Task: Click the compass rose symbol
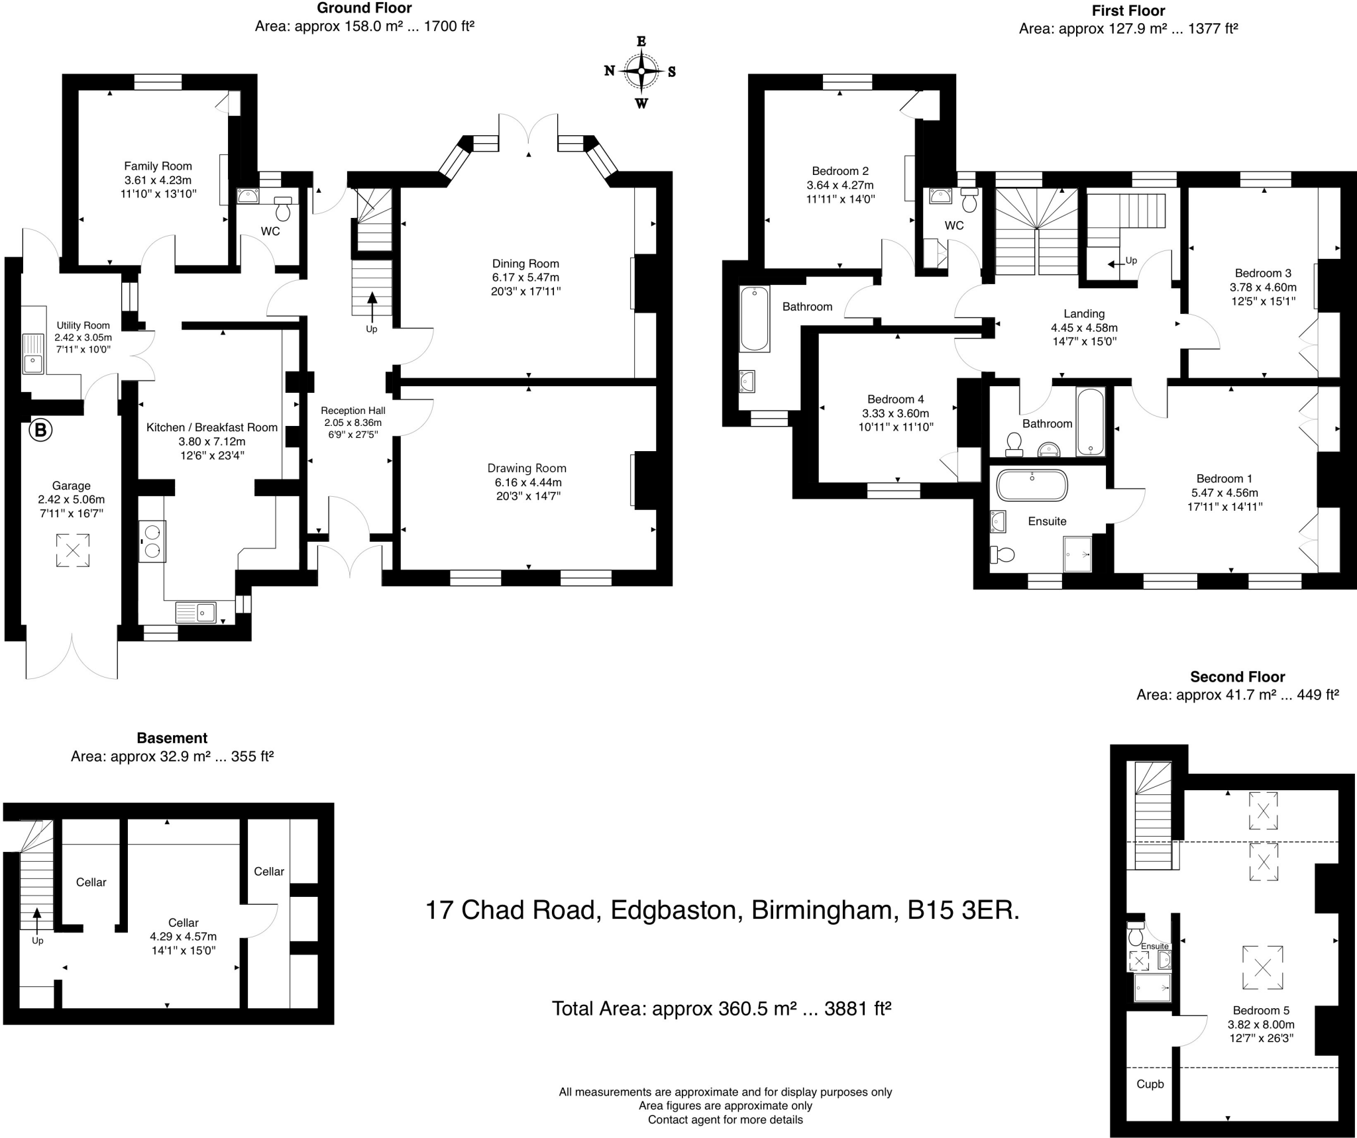tap(641, 72)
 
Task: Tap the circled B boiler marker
tap(40, 431)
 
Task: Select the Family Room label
tap(158, 166)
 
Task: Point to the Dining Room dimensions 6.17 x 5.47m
tap(526, 278)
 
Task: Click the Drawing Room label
tap(527, 468)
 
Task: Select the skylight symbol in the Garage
tap(72, 550)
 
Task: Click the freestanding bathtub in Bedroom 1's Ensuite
tap(1032, 485)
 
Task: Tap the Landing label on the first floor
tap(1084, 314)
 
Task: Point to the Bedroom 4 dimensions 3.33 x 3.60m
tap(896, 413)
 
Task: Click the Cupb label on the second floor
tap(1150, 1084)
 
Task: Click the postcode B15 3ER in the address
tap(963, 910)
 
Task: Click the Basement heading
tap(172, 738)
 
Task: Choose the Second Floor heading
tap(1237, 677)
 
